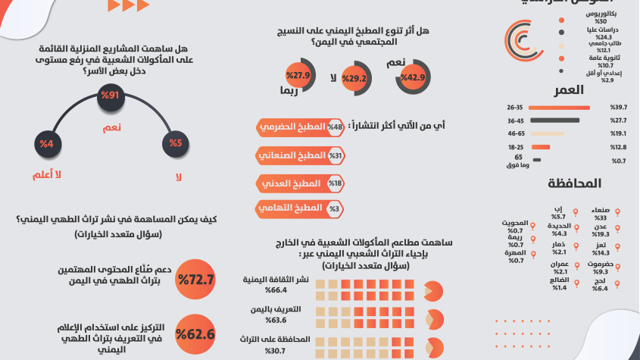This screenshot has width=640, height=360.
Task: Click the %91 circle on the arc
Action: pyautogui.click(x=111, y=97)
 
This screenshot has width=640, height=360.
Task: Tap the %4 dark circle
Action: pyautogui.click(x=47, y=144)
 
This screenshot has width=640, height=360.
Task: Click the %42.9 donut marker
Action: pyautogui.click(x=412, y=78)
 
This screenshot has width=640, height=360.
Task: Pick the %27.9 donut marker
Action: pyautogui.click(x=298, y=76)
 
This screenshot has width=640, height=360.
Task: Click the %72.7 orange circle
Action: pyautogui.click(x=195, y=280)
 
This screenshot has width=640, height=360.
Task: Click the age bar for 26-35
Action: pyautogui.click(x=558, y=108)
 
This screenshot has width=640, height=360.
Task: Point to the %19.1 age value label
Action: pyautogui.click(x=618, y=133)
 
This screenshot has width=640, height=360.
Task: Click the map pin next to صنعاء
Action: pyautogui.click(x=619, y=212)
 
